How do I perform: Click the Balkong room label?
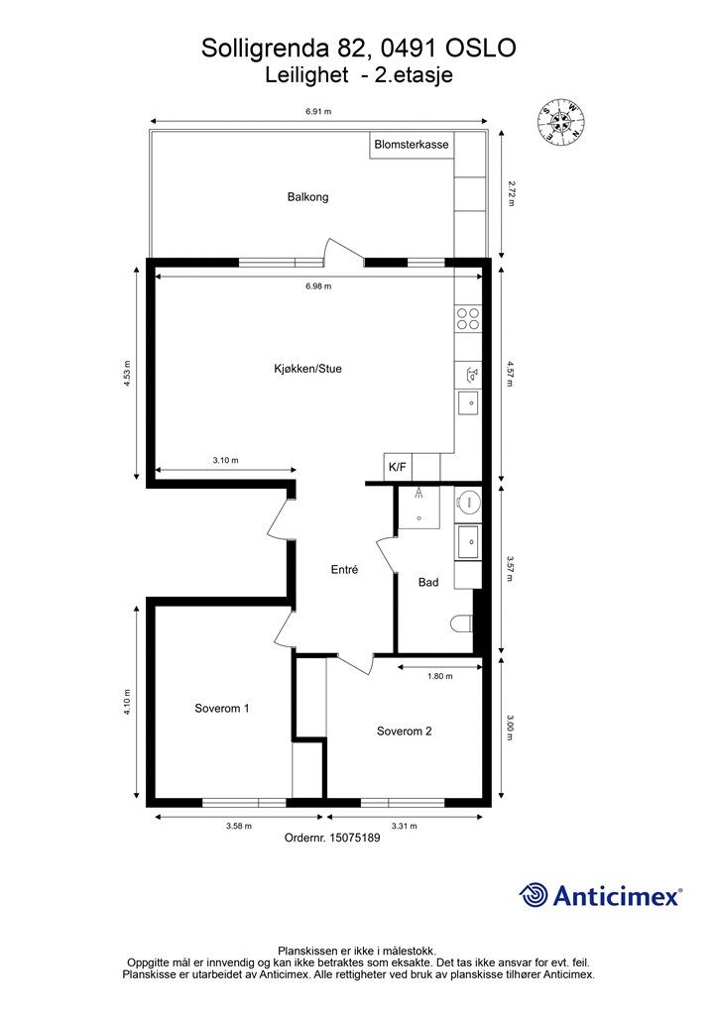click(x=307, y=197)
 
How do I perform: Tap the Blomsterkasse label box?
click(x=411, y=145)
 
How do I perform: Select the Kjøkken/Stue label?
click(x=307, y=369)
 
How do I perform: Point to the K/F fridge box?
click(x=397, y=466)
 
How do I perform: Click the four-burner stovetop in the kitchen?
click(x=467, y=318)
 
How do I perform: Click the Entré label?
click(x=344, y=570)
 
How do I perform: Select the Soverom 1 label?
click(x=221, y=709)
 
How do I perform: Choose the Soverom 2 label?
click(x=404, y=732)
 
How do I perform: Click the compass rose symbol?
click(x=561, y=123)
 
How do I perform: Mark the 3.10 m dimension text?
click(x=226, y=460)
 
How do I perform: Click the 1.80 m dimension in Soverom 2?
click(x=439, y=677)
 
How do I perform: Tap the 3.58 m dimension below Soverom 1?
click(x=238, y=825)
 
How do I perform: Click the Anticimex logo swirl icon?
click(x=535, y=896)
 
